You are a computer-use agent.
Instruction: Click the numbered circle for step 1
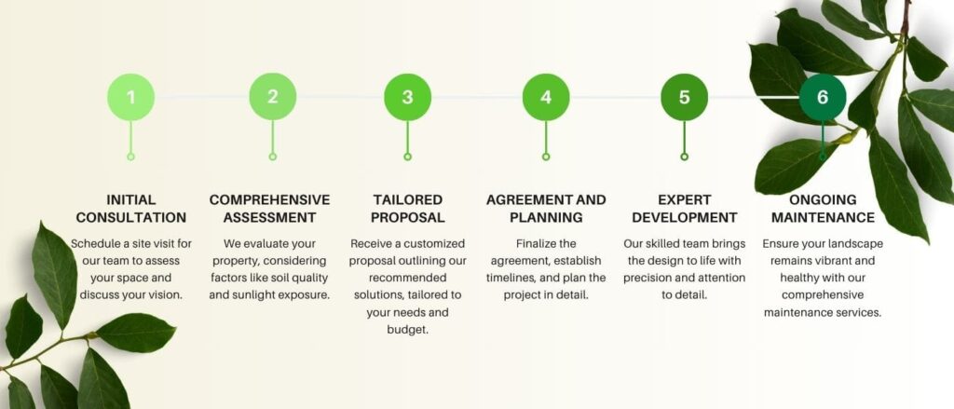(x=130, y=97)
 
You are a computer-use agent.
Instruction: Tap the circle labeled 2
(x=272, y=97)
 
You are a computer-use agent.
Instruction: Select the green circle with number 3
(x=407, y=97)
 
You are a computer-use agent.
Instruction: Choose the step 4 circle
(x=546, y=97)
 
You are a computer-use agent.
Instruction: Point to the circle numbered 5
(x=684, y=97)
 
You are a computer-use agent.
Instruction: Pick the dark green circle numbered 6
(x=822, y=97)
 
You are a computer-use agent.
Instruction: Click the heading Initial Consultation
(x=130, y=209)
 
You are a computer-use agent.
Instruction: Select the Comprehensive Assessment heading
(x=269, y=209)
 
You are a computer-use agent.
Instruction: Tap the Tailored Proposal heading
(x=407, y=209)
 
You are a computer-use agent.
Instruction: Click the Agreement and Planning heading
(x=546, y=209)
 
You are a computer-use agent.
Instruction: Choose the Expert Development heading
(x=684, y=209)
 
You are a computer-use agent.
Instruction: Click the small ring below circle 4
(x=546, y=157)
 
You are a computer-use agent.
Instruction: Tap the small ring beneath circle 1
(x=130, y=157)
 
